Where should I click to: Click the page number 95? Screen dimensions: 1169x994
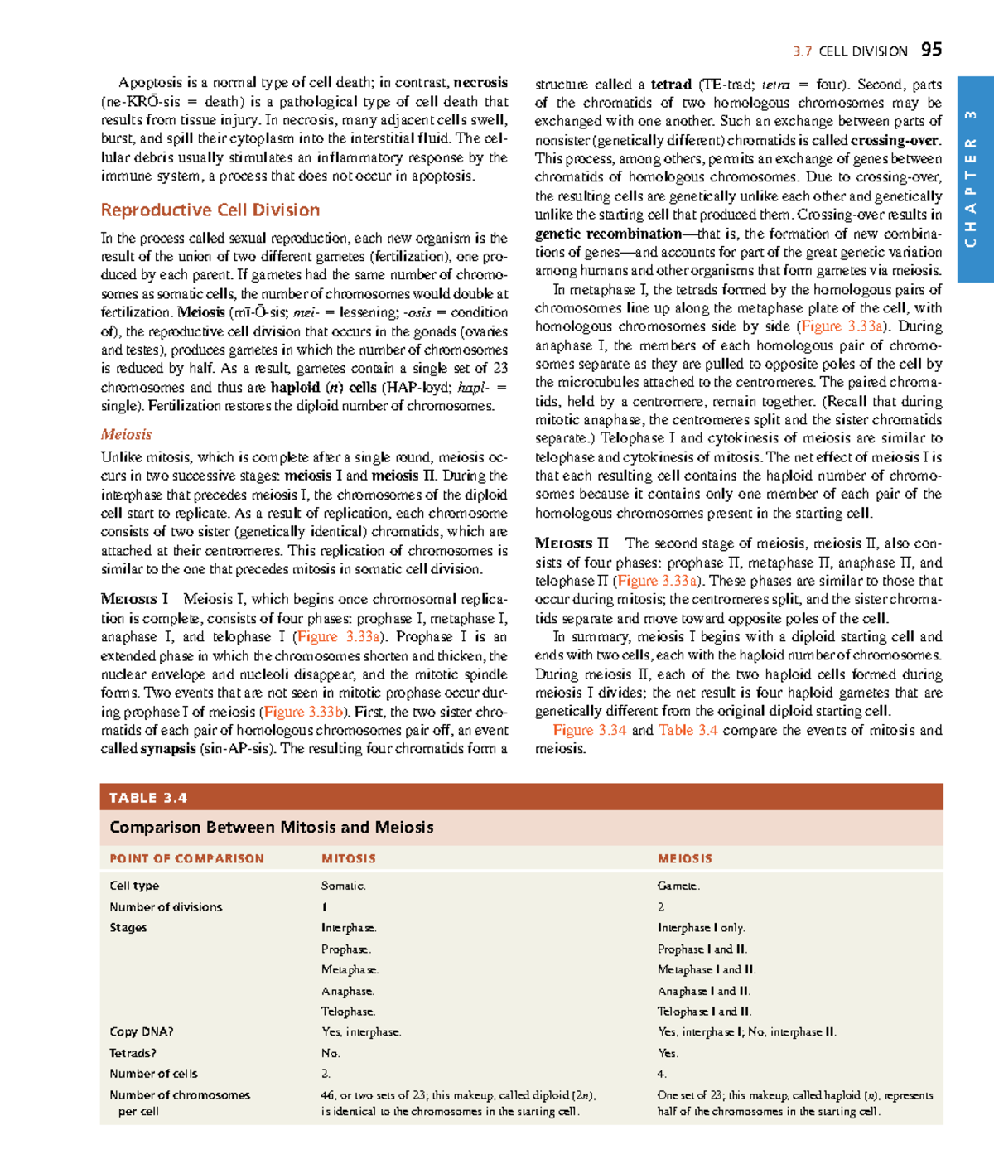[x=931, y=50]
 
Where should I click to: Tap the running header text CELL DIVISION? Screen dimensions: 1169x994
[x=862, y=51]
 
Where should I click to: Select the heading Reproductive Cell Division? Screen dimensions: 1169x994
[x=210, y=210]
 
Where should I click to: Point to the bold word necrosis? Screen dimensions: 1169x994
[x=480, y=82]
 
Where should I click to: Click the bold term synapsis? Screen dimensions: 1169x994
[x=168, y=749]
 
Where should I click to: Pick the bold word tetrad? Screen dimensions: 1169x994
[x=671, y=85]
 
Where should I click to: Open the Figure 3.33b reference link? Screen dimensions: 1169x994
[x=303, y=712]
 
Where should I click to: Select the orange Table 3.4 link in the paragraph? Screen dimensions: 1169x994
[x=688, y=730]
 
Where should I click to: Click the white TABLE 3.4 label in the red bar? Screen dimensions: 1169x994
[x=148, y=798]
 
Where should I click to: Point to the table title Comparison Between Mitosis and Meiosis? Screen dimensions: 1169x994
[x=272, y=827]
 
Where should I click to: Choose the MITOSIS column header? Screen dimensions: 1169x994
[x=349, y=859]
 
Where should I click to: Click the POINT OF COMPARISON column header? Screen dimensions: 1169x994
[x=186, y=859]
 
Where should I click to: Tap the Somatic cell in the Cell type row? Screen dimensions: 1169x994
[x=344, y=886]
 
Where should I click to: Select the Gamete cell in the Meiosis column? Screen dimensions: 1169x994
[x=678, y=886]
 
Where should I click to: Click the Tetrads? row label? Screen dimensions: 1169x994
[x=133, y=1053]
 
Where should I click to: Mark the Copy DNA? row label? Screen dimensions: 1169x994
[x=142, y=1032]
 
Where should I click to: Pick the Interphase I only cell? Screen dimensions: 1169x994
[x=701, y=928]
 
